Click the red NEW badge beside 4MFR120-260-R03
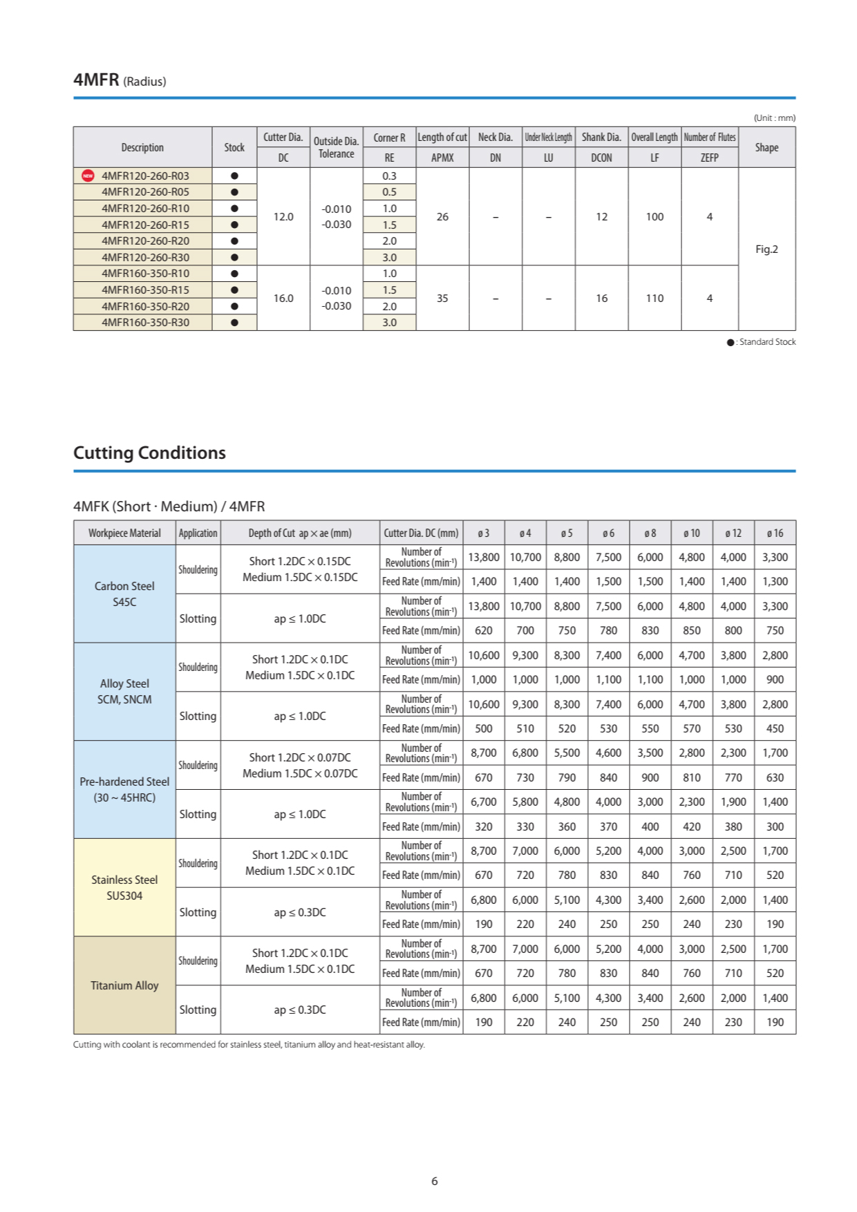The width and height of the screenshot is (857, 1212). coord(88,176)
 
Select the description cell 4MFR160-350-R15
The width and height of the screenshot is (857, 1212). coord(145,290)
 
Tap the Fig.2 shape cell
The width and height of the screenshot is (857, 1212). coord(766,249)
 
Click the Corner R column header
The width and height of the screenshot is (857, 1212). coord(389,138)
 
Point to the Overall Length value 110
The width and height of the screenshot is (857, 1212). coord(654,299)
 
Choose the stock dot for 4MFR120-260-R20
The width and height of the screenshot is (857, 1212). coord(234,241)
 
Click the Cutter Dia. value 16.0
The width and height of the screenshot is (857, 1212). coord(283,299)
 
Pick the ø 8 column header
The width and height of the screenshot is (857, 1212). coord(650,533)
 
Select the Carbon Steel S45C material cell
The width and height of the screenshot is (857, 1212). coord(124,594)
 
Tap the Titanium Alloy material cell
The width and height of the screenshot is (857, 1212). coord(124,985)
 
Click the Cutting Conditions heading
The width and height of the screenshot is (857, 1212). coord(149,453)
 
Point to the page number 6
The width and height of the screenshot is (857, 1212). coord(435,1181)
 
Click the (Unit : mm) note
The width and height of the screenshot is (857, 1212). coord(774,118)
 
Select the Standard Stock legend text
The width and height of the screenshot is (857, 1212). coord(766,342)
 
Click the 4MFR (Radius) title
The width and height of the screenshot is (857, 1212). coord(120,80)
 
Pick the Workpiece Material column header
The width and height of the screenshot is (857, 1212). coord(124,533)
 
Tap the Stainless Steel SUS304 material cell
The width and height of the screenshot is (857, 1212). coord(124,888)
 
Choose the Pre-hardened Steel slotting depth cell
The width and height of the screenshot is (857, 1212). coord(300,815)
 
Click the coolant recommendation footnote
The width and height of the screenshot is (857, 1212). coord(249,1045)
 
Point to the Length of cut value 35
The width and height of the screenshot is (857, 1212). coord(442,299)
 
